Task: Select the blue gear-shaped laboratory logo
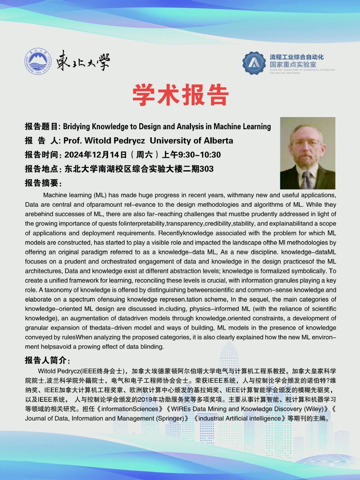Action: (x=254, y=63)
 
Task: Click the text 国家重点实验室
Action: (x=293, y=64)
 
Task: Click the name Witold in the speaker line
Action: (x=97, y=140)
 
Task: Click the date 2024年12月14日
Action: (x=96, y=155)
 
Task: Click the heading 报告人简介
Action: (x=46, y=361)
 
